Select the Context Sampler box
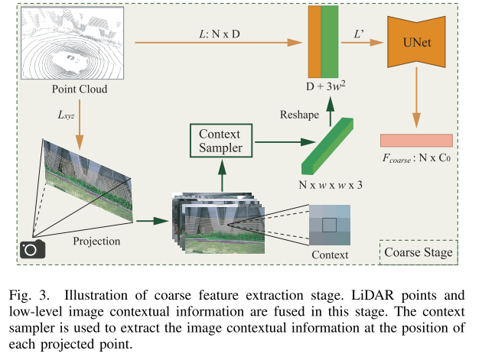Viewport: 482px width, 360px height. (220, 141)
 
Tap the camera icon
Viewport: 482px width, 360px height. (31, 248)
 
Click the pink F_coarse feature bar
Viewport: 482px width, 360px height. (416, 141)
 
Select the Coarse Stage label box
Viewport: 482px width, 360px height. (418, 251)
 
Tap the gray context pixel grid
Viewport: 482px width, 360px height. (330, 225)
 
